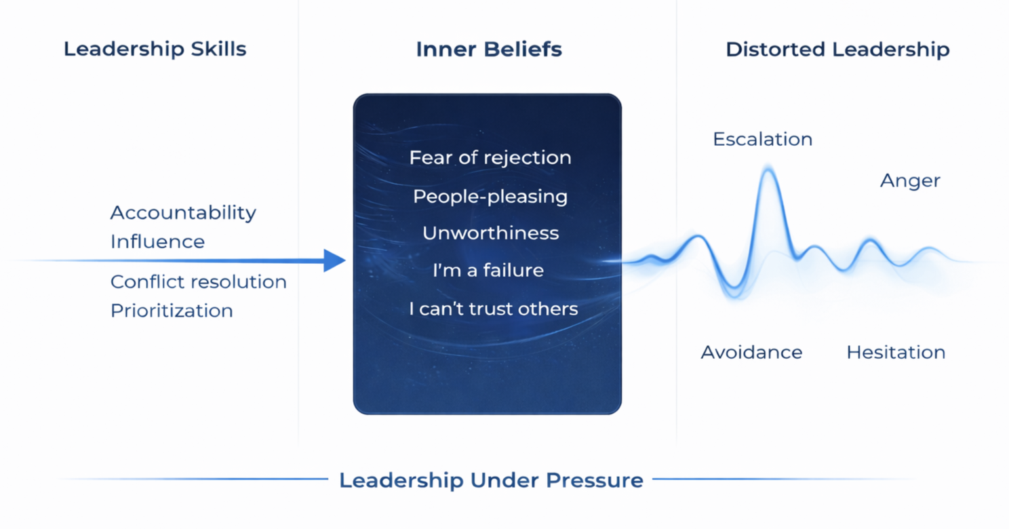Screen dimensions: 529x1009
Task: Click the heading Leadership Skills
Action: (x=155, y=50)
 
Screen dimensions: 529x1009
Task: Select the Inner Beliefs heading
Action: (x=489, y=50)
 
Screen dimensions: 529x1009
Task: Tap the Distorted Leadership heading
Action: (x=837, y=50)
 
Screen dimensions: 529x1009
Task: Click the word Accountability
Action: (x=183, y=213)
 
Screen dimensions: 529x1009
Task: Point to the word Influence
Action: (x=157, y=242)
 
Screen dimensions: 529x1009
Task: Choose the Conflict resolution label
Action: (x=198, y=281)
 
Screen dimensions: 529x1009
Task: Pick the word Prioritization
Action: (x=172, y=311)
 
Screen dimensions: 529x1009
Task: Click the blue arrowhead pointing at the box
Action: (x=334, y=260)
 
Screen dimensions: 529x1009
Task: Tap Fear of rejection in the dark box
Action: (x=490, y=158)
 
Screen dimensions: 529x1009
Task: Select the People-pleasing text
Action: (x=490, y=197)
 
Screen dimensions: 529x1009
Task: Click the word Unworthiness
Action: (x=490, y=233)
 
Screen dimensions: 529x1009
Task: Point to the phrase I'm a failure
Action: (x=488, y=271)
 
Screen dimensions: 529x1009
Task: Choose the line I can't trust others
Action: (x=493, y=309)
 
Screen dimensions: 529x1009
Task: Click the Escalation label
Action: (x=762, y=140)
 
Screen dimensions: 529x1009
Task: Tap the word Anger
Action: (x=910, y=181)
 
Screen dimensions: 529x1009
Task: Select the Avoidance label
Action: (x=751, y=353)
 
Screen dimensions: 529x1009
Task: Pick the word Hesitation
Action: (x=896, y=353)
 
